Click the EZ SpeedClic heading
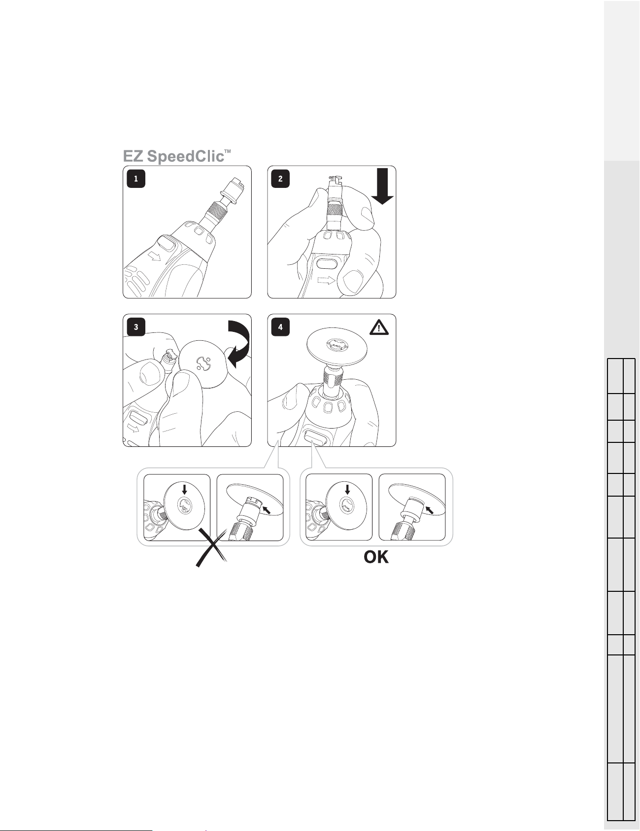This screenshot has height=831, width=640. coord(177,156)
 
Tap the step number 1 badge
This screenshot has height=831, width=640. coord(136,179)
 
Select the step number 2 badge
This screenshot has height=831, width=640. coord(280,179)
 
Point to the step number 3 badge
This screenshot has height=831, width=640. coord(136,326)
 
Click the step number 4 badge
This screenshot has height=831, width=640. coord(280,326)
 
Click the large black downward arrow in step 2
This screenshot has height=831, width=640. coord(382,186)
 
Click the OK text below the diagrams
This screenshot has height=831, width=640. coord(376,558)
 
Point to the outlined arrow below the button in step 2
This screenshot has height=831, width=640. coord(326,281)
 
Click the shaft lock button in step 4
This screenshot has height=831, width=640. coord(316,437)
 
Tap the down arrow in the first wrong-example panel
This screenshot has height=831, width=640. coord(184,489)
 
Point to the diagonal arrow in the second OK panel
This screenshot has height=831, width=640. coord(430,509)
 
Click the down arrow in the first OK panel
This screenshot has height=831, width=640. coord(347,489)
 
